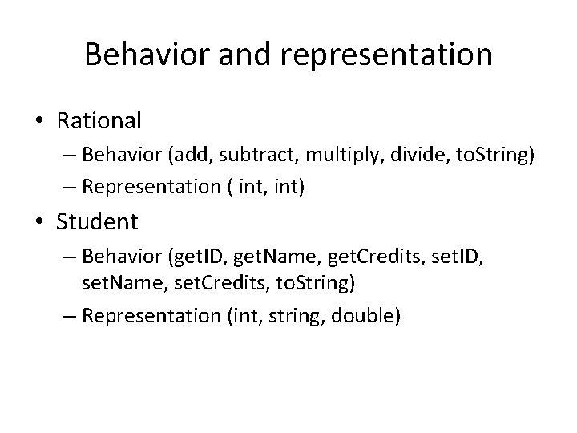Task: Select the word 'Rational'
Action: click(99, 121)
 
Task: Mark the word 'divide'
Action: click(383, 155)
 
